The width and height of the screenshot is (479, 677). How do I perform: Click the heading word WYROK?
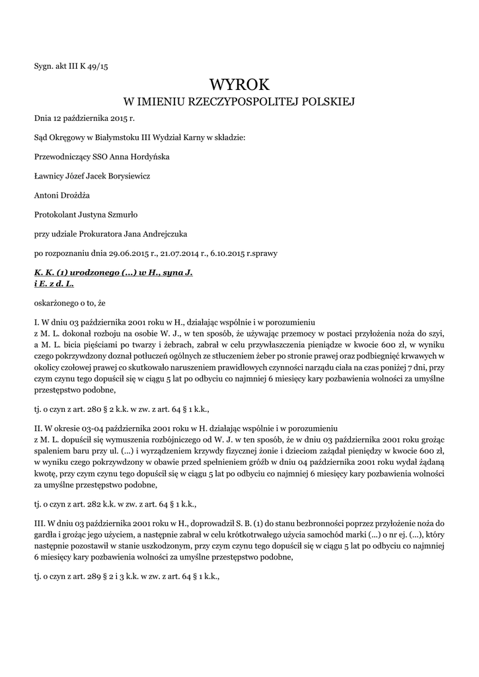pos(239,85)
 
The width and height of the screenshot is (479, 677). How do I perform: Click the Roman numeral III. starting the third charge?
pos(39,523)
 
